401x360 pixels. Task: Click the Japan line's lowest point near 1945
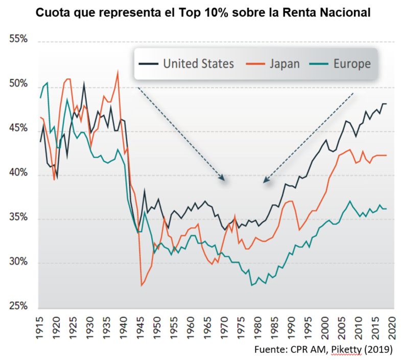click(x=141, y=285)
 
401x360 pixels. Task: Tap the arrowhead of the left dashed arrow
click(x=223, y=178)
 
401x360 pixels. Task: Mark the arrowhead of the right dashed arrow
click(x=265, y=181)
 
